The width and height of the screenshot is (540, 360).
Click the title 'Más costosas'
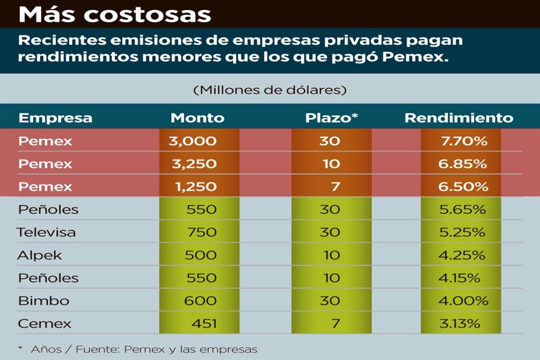tap(114, 14)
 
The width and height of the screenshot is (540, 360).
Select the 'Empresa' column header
tap(55, 118)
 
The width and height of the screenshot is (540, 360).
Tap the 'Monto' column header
tap(197, 118)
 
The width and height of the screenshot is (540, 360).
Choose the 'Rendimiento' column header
tap(458, 118)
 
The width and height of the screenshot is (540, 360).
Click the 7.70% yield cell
tap(463, 141)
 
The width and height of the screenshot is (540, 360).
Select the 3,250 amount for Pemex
tap(192, 164)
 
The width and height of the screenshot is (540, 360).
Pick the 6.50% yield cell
tap(463, 187)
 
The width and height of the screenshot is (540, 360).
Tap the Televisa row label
tap(46, 232)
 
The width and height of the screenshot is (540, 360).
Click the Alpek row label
tap(39, 255)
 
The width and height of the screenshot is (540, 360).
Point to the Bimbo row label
tap(43, 301)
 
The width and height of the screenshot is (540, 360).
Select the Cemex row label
tap(44, 324)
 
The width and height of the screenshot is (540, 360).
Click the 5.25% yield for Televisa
tap(462, 232)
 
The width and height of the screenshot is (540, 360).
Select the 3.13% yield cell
tap(461, 324)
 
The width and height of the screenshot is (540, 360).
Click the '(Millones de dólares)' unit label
tap(269, 89)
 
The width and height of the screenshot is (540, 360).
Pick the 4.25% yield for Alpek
tap(462, 255)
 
